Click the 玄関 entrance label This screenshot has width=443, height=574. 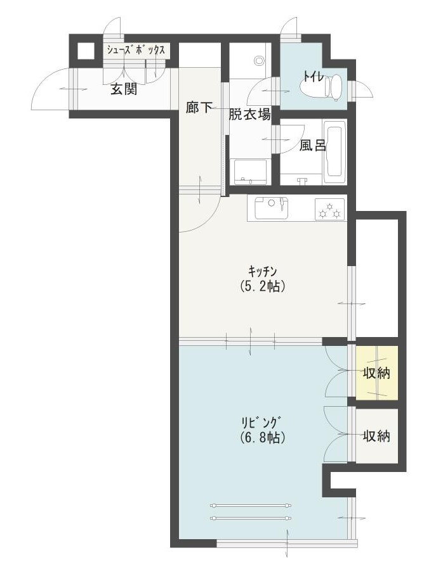[124, 89]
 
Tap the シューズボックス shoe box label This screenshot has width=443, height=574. [136, 50]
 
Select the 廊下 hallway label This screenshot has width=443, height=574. [199, 107]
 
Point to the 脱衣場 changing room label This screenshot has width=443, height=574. [250, 114]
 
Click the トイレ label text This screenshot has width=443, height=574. [313, 77]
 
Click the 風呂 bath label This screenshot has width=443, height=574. [312, 145]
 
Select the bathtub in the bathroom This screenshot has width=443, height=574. [335, 152]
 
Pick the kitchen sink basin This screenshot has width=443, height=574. [271, 208]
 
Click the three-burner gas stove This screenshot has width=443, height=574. [329, 210]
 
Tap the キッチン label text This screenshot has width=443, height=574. [262, 271]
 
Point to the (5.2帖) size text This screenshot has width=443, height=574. [262, 286]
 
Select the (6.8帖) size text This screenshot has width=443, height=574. [263, 437]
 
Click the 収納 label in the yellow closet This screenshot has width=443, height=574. [376, 373]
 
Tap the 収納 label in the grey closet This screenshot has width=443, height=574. [376, 436]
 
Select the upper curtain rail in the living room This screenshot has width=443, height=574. [251, 506]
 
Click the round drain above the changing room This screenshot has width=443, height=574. [260, 60]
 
